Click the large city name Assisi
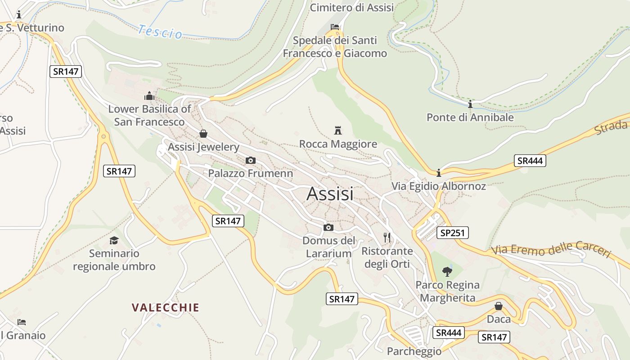pyautogui.click(x=330, y=193)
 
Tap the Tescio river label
pyautogui.click(x=160, y=31)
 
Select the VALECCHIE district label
pyautogui.click(x=165, y=308)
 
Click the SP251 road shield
pyautogui.click(x=453, y=233)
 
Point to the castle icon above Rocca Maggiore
pyautogui.click(x=338, y=130)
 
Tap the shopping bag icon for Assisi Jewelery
pyautogui.click(x=203, y=134)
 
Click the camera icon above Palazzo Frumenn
pyautogui.click(x=251, y=160)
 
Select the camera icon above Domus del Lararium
pyautogui.click(x=328, y=227)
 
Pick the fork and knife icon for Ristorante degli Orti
pyautogui.click(x=387, y=237)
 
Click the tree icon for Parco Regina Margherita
pyautogui.click(x=447, y=271)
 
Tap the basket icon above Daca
pyautogui.click(x=499, y=306)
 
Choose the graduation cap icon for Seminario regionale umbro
pyautogui.click(x=114, y=240)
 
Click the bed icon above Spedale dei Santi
pyautogui.click(x=335, y=27)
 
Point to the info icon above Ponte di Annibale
pyautogui.click(x=470, y=104)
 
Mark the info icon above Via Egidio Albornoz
pyautogui.click(x=439, y=173)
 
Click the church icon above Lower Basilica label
pyautogui.click(x=149, y=95)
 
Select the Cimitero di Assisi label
pyautogui.click(x=352, y=8)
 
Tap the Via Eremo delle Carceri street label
pyautogui.click(x=551, y=250)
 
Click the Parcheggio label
pyautogui.click(x=414, y=351)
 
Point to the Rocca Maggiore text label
pyautogui.click(x=338, y=144)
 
